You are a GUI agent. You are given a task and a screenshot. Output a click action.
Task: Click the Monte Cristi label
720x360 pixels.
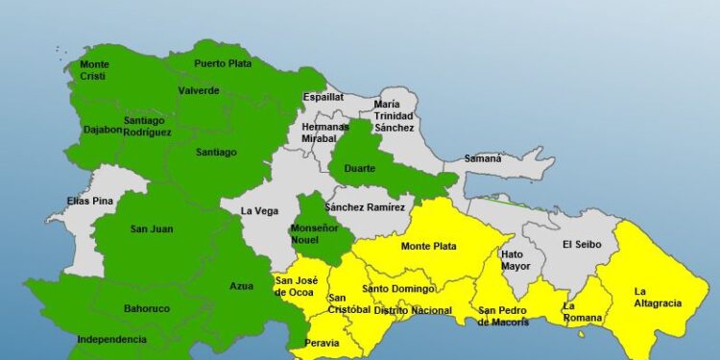[94, 69]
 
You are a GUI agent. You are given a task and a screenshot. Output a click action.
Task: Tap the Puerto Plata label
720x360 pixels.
[222, 63]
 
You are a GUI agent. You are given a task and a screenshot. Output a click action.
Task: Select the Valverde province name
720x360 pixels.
[199, 90]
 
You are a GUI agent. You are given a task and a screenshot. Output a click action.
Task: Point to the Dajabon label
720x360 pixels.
[103, 130]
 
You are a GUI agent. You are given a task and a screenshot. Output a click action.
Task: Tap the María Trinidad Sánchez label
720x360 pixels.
[394, 115]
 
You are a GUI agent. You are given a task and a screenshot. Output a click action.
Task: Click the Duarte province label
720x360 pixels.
[359, 168]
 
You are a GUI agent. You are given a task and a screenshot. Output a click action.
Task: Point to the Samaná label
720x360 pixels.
[483, 158]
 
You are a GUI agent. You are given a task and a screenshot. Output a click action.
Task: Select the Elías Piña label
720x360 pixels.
[91, 202]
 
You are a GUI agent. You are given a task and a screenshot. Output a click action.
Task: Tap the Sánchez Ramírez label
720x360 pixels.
[365, 206]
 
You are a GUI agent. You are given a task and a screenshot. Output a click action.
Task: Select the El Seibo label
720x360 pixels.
[582, 244]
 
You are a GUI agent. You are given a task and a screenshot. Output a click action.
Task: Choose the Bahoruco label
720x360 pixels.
[147, 309]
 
